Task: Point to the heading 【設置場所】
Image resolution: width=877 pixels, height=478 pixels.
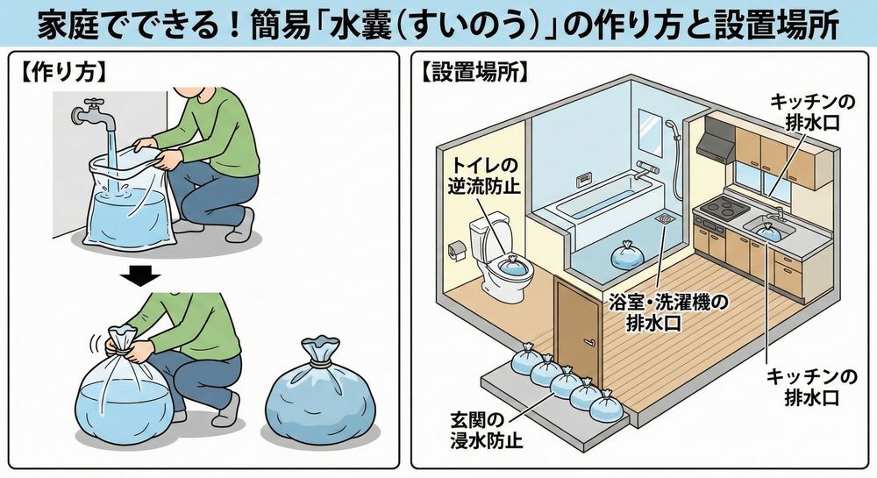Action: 474,72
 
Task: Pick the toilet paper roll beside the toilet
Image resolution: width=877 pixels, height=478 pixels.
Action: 455,250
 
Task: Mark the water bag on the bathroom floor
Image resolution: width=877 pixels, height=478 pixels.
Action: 628,255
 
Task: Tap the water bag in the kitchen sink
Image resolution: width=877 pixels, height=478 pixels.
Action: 768,231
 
